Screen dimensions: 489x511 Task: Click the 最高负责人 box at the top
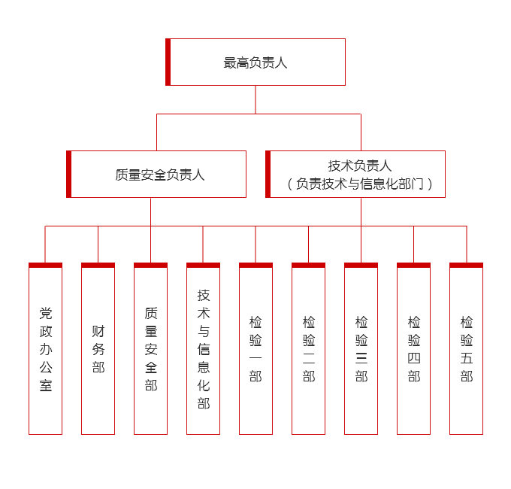[x=255, y=62]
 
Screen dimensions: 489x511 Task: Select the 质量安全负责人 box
[x=159, y=175]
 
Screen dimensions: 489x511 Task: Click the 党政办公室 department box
[x=46, y=350]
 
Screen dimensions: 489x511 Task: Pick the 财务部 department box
[x=98, y=350]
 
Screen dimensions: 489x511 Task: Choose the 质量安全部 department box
[x=151, y=350]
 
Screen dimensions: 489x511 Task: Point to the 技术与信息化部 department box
[x=204, y=350]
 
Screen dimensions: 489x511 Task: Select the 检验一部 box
[x=256, y=350]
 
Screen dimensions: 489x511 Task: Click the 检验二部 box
[x=309, y=350]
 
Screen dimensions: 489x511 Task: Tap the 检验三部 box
[x=361, y=350]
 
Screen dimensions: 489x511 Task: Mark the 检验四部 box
[x=414, y=350]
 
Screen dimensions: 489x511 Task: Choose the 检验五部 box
[x=467, y=350]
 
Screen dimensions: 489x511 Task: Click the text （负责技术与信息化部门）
[x=360, y=184]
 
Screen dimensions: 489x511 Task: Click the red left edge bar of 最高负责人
[x=168, y=62]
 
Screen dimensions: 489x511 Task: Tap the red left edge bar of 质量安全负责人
[x=69, y=175]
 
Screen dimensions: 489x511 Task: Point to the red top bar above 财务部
[x=98, y=265]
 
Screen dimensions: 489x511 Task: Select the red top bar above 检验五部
[x=467, y=265]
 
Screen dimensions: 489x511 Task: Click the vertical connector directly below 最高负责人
[x=255, y=99]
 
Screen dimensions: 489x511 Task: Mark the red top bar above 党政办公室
[x=46, y=265]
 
